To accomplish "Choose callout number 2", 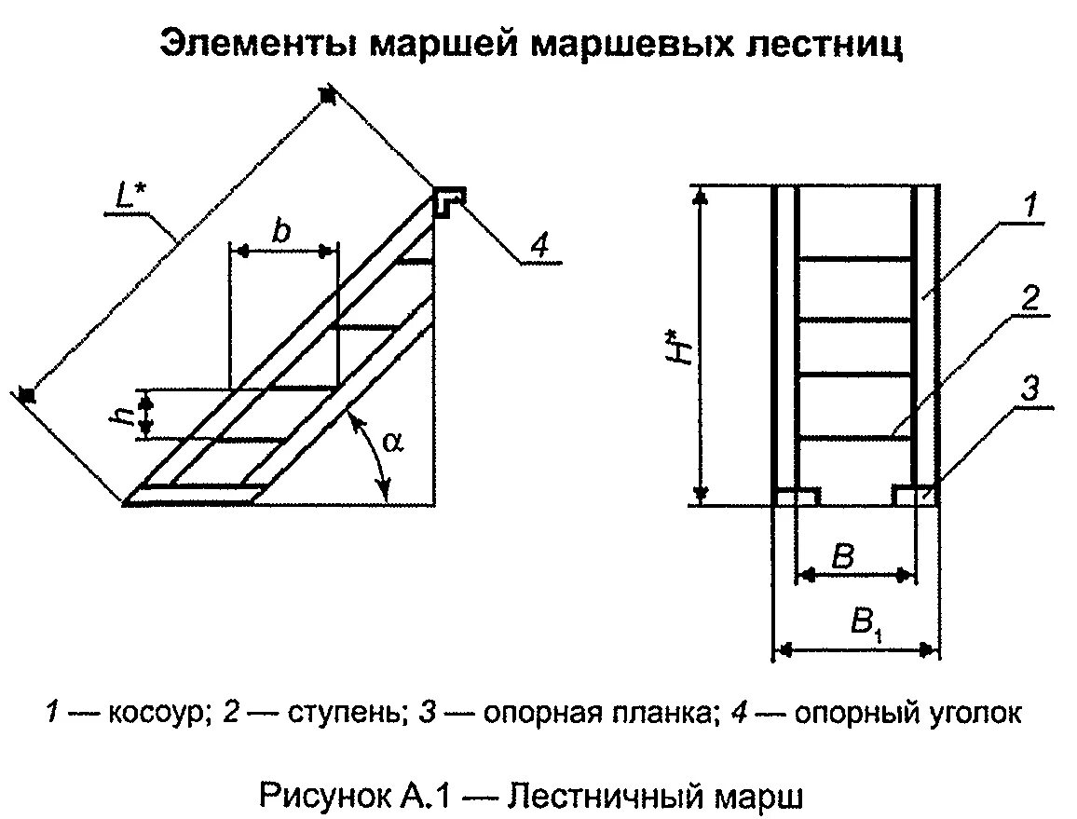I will pos(1029,298).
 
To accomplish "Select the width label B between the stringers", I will pos(842,557).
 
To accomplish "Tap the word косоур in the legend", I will pos(149,715).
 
